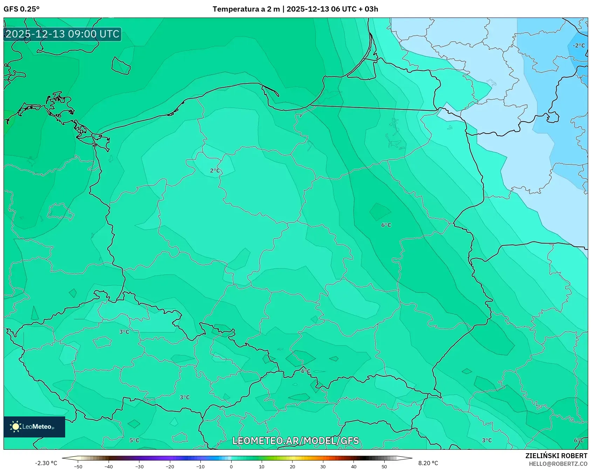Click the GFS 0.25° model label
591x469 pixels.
(x=21, y=9)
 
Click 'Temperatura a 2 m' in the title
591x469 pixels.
(x=246, y=9)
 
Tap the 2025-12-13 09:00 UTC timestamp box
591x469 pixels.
(x=62, y=34)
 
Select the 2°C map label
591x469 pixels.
(x=215, y=171)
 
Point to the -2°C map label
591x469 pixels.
(x=578, y=46)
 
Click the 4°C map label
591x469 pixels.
(x=305, y=371)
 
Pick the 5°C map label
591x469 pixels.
(x=134, y=440)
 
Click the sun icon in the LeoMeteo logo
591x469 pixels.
(x=15, y=427)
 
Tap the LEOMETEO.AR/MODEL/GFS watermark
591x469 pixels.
(x=295, y=441)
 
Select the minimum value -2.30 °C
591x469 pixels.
(x=46, y=463)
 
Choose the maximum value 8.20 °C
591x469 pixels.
(x=428, y=463)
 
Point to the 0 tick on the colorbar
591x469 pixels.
(x=231, y=466)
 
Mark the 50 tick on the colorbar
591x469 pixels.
(x=384, y=466)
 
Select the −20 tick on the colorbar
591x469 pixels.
(x=170, y=466)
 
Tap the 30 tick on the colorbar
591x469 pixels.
(x=323, y=466)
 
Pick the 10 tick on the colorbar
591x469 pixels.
(x=261, y=466)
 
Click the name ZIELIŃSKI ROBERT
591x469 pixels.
(x=556, y=456)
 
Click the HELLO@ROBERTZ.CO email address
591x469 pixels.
(x=558, y=464)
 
